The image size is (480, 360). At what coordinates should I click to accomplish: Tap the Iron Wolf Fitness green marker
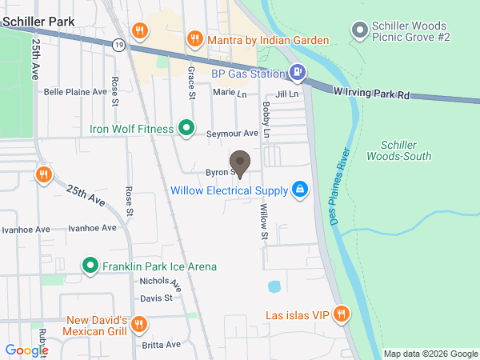pos(186,128)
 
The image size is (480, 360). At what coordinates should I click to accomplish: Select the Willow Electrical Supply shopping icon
pos(299,190)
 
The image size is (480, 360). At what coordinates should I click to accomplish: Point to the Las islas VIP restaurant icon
pos(342,314)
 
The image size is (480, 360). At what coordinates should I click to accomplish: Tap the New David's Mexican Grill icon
pos(138,324)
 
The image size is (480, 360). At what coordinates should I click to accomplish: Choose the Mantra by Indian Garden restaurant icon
pos(194,39)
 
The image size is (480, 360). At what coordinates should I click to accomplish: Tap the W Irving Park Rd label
pos(371,94)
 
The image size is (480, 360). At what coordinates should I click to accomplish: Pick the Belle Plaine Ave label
pos(75,91)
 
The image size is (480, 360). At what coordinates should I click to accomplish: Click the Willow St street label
pos(263,222)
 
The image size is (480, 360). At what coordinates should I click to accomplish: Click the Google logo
pos(26,350)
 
